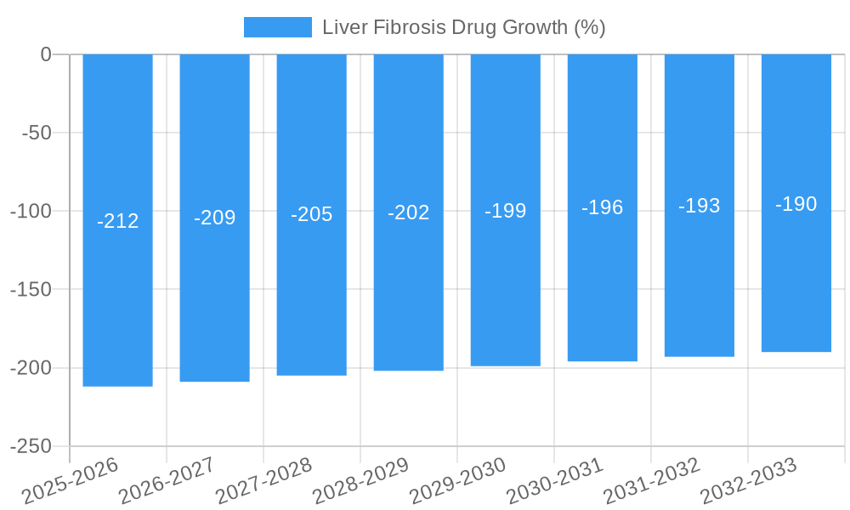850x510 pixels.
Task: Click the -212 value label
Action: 117,222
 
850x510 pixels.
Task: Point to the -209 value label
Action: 214,218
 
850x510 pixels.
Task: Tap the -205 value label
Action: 311,214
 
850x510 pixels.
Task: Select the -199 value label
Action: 505,211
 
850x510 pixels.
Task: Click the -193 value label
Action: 699,206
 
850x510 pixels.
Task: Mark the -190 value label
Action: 796,204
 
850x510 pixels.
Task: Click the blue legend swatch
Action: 277,27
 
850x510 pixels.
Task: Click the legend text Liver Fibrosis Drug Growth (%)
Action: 463,27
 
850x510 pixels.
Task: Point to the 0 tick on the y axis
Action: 46,54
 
